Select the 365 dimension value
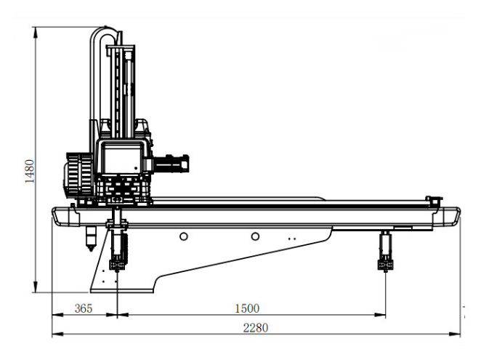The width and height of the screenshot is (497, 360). point(84,308)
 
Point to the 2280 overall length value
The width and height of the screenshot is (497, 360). point(255,327)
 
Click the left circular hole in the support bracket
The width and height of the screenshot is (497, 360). point(185,236)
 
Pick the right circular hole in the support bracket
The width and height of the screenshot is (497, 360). point(255,236)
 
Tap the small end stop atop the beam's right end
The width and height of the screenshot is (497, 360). point(434,200)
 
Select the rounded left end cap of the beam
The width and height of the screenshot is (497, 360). point(61,216)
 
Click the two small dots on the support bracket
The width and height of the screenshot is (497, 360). point(291,238)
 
